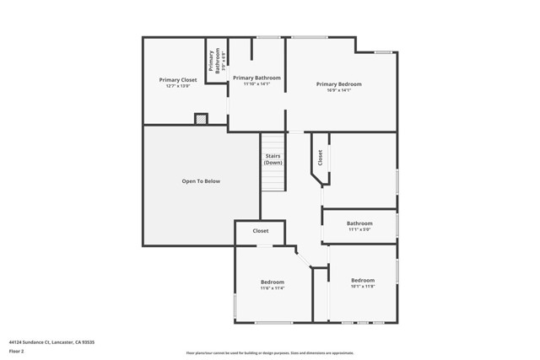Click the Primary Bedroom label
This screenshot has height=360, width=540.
pos(339,83)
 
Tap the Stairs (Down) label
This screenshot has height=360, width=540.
pos(273,159)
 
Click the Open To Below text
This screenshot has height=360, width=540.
pos(201,181)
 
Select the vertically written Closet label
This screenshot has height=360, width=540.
pos(321,157)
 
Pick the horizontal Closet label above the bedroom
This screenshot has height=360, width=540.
pos(261,230)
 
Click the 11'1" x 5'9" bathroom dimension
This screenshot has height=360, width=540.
pos(359,229)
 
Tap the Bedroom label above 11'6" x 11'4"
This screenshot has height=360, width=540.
pos(273,282)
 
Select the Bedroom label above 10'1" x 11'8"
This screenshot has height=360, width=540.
pos(363,280)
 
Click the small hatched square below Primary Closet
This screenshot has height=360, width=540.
pos(201,120)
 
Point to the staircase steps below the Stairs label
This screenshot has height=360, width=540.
pos(272,179)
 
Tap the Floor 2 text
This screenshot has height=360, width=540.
pos(16,351)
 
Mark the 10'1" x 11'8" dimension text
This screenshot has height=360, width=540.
pos(363,286)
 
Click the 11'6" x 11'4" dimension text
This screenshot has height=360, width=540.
pos(273,287)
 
